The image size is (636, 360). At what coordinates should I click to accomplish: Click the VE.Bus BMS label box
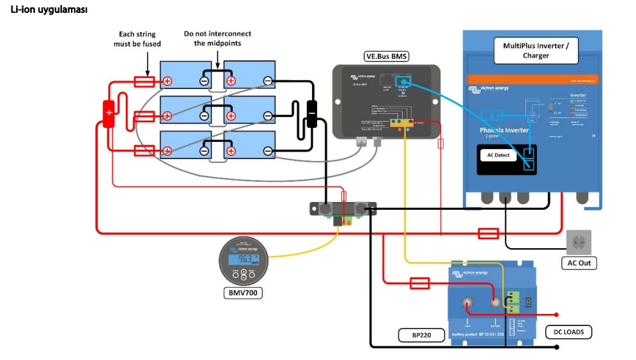coord(386,56)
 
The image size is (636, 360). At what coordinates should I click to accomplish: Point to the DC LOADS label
coord(568,332)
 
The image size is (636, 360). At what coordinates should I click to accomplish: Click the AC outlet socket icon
coord(578,242)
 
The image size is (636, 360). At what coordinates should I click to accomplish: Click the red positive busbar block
coord(109,113)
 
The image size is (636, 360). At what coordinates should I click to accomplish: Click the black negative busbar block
coord(312,113)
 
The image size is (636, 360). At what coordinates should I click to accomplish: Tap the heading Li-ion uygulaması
coord(49,10)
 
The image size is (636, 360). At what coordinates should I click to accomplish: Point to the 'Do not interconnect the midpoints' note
coord(217,38)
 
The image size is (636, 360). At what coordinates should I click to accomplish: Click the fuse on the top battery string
coord(143,81)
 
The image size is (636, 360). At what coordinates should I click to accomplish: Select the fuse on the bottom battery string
coord(143,151)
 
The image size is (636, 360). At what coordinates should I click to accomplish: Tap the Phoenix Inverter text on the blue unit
coord(504,130)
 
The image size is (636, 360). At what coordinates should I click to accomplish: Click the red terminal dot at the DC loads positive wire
coord(557,315)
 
